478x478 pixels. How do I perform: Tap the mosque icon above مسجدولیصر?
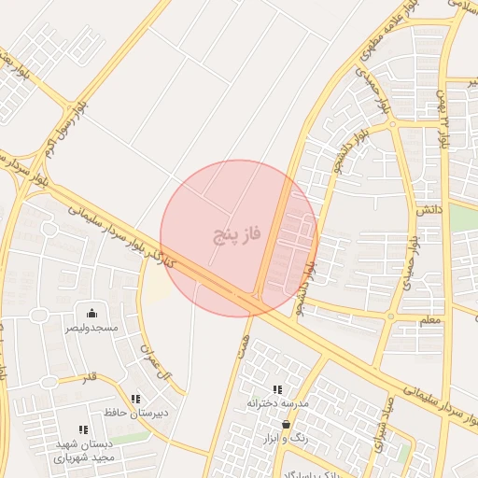[x=91, y=313]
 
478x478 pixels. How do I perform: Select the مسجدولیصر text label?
[x=91, y=329]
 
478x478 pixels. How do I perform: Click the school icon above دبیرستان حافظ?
[x=136, y=398]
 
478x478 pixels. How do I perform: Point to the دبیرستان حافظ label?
[x=136, y=412]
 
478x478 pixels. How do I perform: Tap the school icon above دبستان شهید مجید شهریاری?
[x=83, y=429]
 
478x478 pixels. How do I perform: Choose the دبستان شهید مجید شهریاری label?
[x=83, y=451]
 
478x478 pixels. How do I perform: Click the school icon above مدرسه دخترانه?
[x=277, y=389]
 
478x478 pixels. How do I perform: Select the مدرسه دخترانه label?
[x=277, y=403]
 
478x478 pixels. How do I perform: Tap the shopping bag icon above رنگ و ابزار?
[x=286, y=425]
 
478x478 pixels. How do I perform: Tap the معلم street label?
[x=430, y=320]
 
